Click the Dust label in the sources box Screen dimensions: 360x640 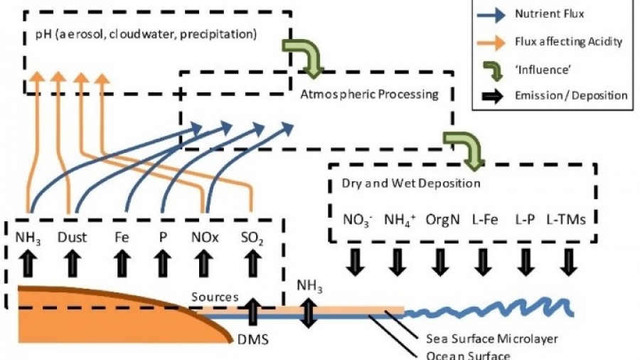[72, 238]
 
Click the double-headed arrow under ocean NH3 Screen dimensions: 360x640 [307, 313]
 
